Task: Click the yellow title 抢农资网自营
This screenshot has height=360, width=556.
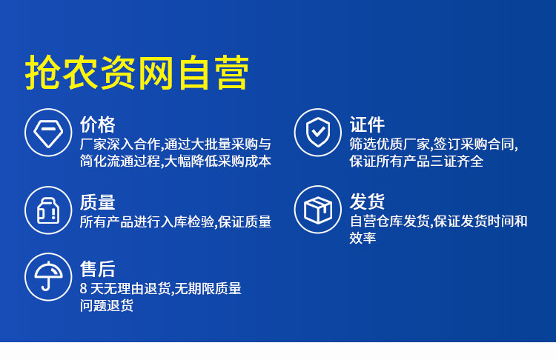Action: tap(137, 73)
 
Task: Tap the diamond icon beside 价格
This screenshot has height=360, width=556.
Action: tap(48, 133)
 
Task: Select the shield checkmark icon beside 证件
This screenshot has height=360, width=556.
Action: tap(318, 133)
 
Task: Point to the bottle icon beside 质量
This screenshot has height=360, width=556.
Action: tap(48, 210)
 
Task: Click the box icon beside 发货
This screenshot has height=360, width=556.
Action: tap(318, 210)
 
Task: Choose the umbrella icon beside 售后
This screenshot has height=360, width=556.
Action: tap(48, 277)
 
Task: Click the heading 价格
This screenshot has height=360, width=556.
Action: tap(98, 124)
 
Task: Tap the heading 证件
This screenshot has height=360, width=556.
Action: tap(367, 124)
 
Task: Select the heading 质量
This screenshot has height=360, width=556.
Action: tap(98, 202)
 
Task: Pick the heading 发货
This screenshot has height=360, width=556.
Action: tap(367, 201)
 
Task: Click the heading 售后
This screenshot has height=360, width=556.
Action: tap(98, 269)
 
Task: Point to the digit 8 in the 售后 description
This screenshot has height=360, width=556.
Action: tap(83, 288)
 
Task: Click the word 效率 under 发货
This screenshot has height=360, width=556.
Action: tap(363, 238)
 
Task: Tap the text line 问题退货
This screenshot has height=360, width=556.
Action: tap(106, 305)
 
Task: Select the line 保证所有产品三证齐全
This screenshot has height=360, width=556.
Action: tap(417, 161)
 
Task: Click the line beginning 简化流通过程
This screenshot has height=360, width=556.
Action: tap(176, 161)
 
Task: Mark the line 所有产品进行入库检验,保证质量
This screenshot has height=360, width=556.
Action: tap(176, 222)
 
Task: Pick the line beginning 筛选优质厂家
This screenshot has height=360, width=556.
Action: tap(434, 144)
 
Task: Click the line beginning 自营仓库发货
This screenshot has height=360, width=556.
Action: tap(439, 221)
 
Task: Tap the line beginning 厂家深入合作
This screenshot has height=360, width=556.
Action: tap(176, 144)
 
